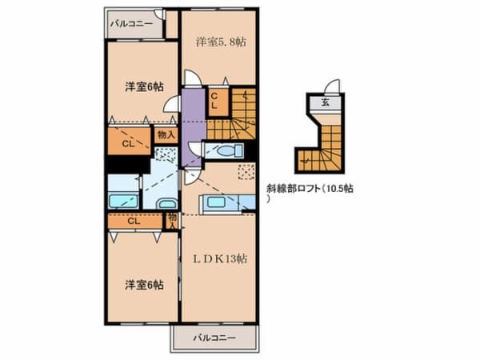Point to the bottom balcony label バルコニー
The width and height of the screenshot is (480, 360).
214,338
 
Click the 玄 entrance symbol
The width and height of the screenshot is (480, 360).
326,102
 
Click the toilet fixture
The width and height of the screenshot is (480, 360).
226,150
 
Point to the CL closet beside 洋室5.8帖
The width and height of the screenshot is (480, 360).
216,100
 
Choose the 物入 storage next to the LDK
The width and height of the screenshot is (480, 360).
173,218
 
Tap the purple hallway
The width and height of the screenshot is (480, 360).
192,124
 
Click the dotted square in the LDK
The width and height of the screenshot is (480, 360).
246,170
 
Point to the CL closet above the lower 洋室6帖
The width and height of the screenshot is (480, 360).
134,221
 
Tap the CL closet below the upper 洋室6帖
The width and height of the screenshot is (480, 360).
128,144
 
